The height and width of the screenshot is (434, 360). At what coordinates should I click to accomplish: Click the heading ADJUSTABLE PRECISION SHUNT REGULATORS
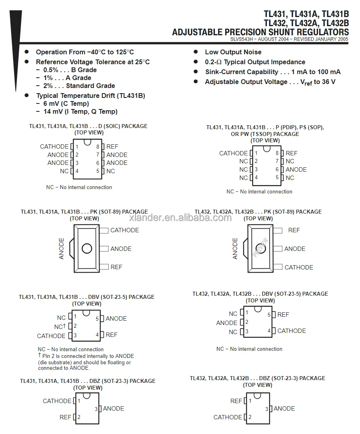[260, 33]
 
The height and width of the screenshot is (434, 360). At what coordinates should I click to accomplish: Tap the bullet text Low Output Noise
[233, 52]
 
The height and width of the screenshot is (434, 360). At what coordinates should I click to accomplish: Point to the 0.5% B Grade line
[70, 70]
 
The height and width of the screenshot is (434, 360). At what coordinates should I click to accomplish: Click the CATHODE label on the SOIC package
[54, 147]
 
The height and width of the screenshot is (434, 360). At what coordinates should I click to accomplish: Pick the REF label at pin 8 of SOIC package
[112, 147]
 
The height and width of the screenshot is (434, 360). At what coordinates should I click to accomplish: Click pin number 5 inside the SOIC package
[98, 171]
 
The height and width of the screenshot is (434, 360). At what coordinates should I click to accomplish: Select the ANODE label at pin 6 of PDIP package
[296, 170]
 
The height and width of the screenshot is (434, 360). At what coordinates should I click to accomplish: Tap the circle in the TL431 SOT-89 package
[87, 249]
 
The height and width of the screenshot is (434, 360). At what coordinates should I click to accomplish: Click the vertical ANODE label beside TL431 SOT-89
[61, 249]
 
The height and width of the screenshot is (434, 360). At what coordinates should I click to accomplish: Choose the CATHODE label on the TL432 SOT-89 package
[299, 268]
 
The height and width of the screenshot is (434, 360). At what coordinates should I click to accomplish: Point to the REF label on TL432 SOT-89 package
[294, 230]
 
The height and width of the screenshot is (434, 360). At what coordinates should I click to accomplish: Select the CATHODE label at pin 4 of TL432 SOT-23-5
[291, 331]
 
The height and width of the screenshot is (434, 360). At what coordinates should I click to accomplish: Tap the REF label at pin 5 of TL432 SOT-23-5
[283, 315]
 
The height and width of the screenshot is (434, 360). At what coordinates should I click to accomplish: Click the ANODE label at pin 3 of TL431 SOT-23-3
[113, 409]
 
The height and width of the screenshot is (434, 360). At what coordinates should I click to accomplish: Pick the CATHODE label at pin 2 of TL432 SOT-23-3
[228, 417]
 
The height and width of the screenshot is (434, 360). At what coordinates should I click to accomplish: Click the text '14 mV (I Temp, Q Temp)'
[80, 112]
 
